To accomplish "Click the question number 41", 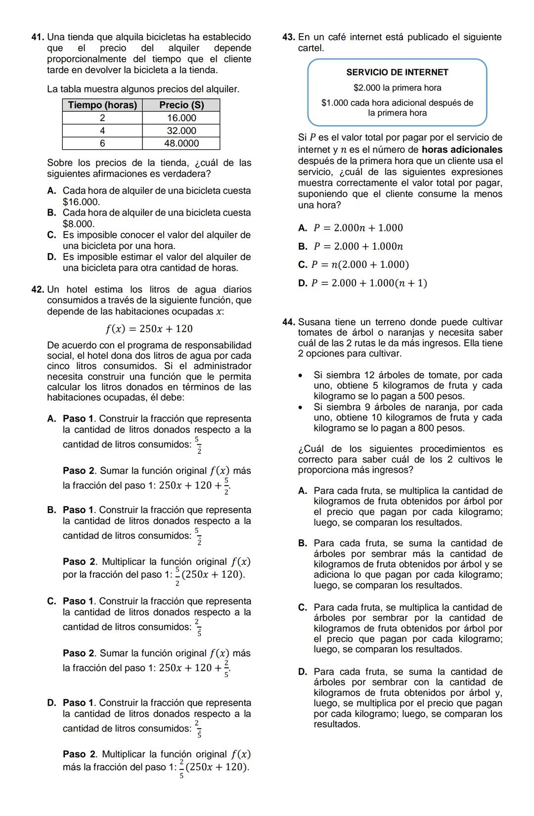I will click(37, 37).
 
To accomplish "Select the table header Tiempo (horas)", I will click(102, 105).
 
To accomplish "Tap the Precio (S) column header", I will click(181, 105).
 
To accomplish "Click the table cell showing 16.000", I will click(181, 118).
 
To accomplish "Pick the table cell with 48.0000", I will click(181, 143).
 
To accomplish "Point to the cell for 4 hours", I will click(102, 130).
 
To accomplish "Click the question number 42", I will click(38, 289).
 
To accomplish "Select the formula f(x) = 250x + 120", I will click(149, 329).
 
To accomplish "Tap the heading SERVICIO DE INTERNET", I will click(397, 72).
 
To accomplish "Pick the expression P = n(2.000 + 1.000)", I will click(359, 264).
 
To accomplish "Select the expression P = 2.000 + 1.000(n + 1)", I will click(369, 283).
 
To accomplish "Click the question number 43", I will click(288, 37).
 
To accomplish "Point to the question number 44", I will click(289, 322).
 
